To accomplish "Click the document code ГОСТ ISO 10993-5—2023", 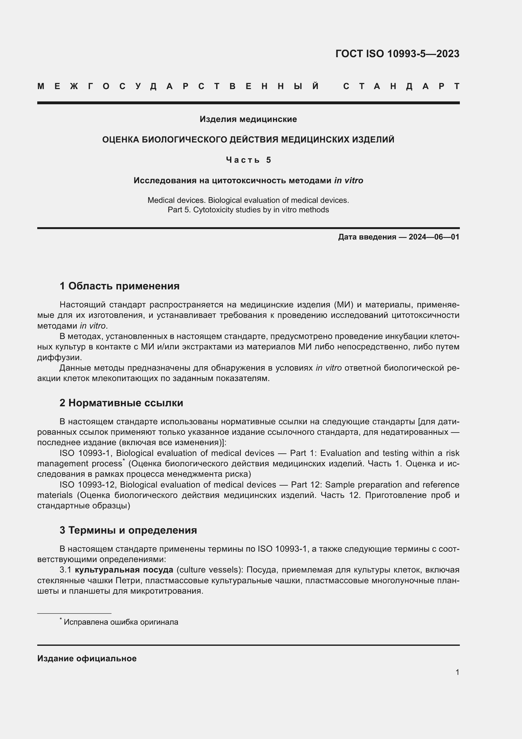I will (x=397, y=53).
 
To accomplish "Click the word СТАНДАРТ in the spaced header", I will (x=401, y=86).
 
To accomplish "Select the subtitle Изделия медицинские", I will (x=248, y=119).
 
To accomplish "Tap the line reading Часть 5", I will (x=248, y=160).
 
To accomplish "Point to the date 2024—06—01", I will (x=434, y=237).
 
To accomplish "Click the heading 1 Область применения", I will (x=120, y=286).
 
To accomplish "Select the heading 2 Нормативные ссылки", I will (x=121, y=403).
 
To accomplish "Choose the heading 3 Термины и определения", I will (x=128, y=530).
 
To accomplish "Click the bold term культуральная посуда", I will (x=124, y=570).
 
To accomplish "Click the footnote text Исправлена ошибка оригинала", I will (x=121, y=622).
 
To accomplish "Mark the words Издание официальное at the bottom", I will (x=87, y=658).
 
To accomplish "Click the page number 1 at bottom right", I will (x=457, y=672).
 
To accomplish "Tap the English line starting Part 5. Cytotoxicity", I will (x=248, y=210).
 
